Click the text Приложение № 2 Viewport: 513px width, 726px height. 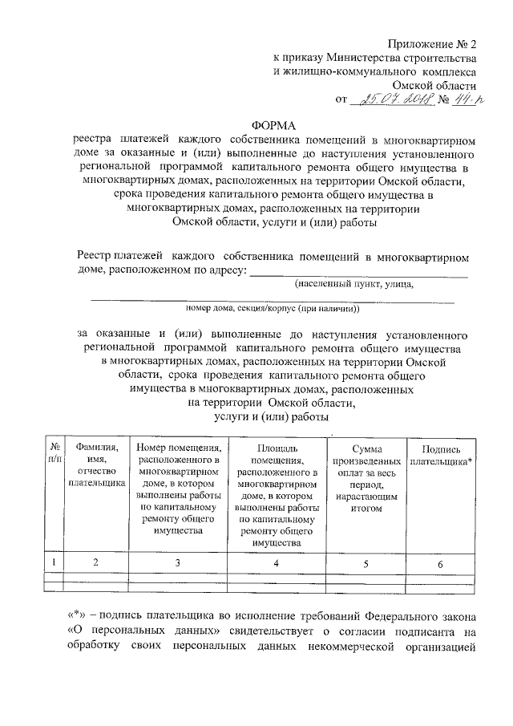[431, 43]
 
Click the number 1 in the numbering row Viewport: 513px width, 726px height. [54, 562]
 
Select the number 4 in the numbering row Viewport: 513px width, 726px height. [277, 563]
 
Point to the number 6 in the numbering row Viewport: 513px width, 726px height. [440, 564]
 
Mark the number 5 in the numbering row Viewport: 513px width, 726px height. [366, 564]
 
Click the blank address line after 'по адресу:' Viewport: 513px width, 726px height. [360, 272]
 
